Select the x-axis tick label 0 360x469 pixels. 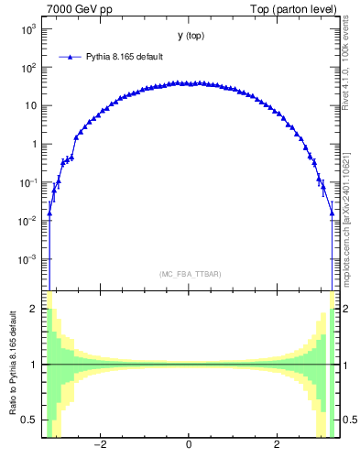(189, 445)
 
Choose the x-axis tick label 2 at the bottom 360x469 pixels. (277, 445)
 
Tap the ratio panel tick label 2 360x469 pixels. (36, 310)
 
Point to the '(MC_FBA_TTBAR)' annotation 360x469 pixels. (188, 274)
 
